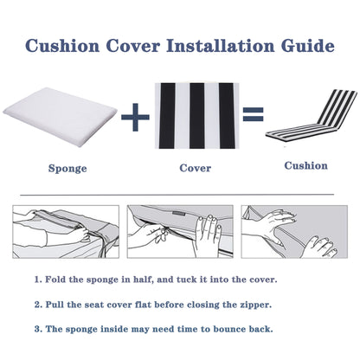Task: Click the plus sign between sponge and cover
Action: pos(133,117)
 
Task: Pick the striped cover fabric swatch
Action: pos(195,114)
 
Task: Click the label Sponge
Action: pos(67,169)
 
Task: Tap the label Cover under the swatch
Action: pos(195,169)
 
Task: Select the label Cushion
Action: pos(306,165)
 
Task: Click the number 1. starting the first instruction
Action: pos(38,281)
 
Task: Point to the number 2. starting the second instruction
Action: pos(38,305)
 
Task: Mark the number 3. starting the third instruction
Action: pos(38,330)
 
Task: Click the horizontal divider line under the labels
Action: pos(180,196)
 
